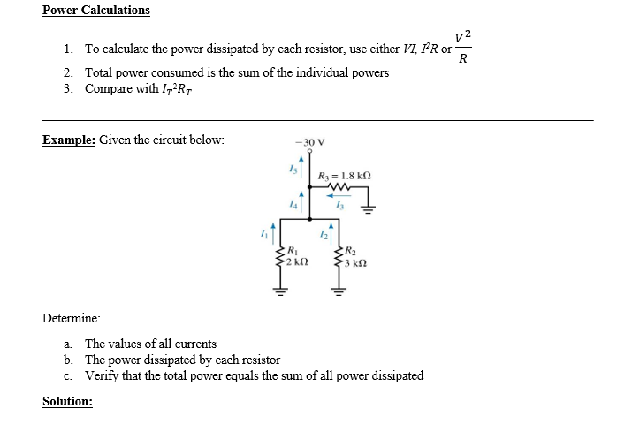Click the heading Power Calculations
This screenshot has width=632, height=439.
pos(96,11)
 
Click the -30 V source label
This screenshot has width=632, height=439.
pos(313,142)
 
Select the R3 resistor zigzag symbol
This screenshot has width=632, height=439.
pos(339,187)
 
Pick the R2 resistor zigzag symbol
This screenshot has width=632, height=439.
pos(339,256)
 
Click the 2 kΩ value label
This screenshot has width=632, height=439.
pos(297,263)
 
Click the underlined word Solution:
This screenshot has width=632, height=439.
pos(67,401)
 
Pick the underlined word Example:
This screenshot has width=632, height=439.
pos(69,140)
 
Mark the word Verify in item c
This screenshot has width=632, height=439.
pos(103,375)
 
